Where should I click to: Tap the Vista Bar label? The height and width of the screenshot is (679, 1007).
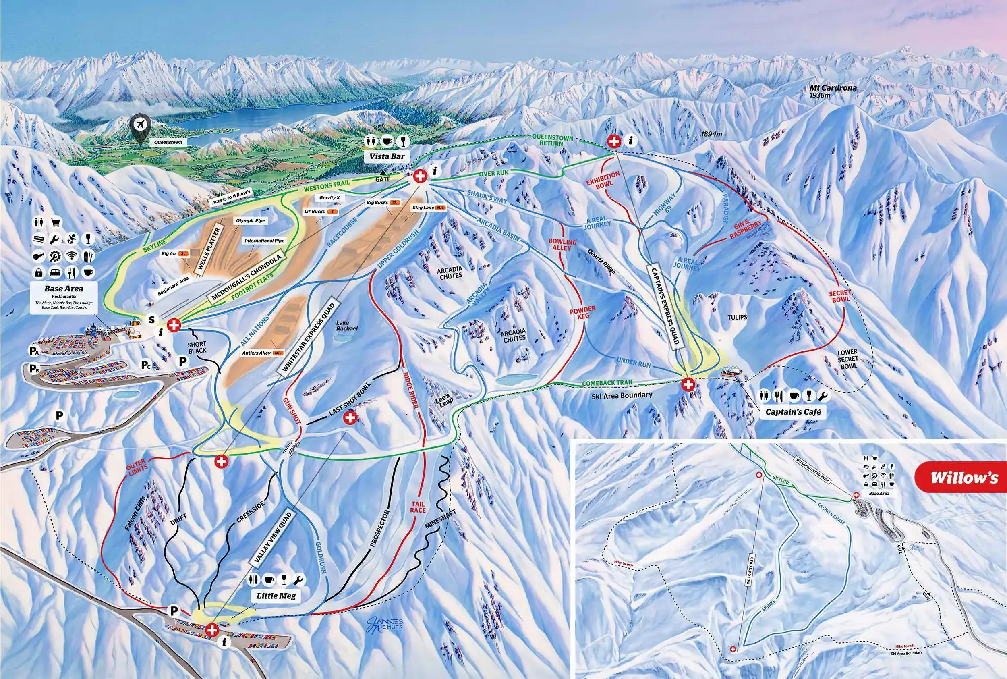pos(387,156)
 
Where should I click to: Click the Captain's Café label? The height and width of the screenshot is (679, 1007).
pos(793,412)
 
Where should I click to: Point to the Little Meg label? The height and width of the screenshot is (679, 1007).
pos(276,596)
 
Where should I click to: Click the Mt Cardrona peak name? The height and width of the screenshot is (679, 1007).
pos(833,88)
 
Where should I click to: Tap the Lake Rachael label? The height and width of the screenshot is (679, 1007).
pos(347,325)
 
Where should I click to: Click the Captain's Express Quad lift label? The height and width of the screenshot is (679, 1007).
pos(664,305)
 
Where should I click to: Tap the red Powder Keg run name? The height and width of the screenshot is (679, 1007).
pos(582,312)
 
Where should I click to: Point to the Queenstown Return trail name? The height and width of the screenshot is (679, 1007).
pos(552,140)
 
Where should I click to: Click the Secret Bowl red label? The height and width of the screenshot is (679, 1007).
pos(840,296)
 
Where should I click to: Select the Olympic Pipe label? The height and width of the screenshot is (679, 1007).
pos(251,220)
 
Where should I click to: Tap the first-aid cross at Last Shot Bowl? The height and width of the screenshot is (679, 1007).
pos(350,418)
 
